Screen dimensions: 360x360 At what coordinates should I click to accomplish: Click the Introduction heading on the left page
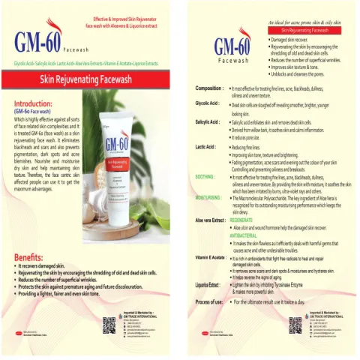pyautogui.click(x=34, y=105)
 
